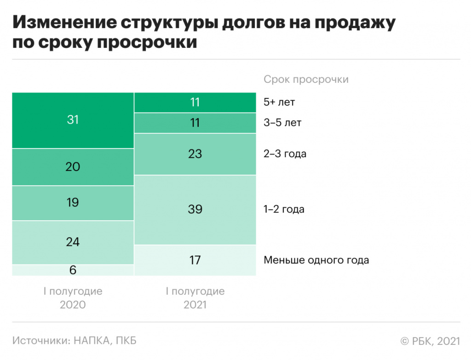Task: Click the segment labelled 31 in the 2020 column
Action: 73,120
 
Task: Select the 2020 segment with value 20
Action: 73,167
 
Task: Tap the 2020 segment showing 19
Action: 73,203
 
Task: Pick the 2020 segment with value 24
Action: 73,242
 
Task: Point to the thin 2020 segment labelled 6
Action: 73,270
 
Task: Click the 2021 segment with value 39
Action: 195,210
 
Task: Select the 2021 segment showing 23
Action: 195,154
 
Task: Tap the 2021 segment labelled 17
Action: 195,260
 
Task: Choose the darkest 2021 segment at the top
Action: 195,102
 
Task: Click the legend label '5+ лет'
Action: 279,102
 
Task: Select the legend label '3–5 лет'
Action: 282,123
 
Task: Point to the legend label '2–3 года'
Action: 285,154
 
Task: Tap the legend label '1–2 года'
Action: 284,210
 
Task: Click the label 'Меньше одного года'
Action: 316,260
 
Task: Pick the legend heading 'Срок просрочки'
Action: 306,80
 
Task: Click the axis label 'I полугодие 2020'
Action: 73,298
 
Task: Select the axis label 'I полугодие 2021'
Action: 195,298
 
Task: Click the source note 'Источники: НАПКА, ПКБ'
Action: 75,341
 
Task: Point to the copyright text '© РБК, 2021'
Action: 430,341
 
